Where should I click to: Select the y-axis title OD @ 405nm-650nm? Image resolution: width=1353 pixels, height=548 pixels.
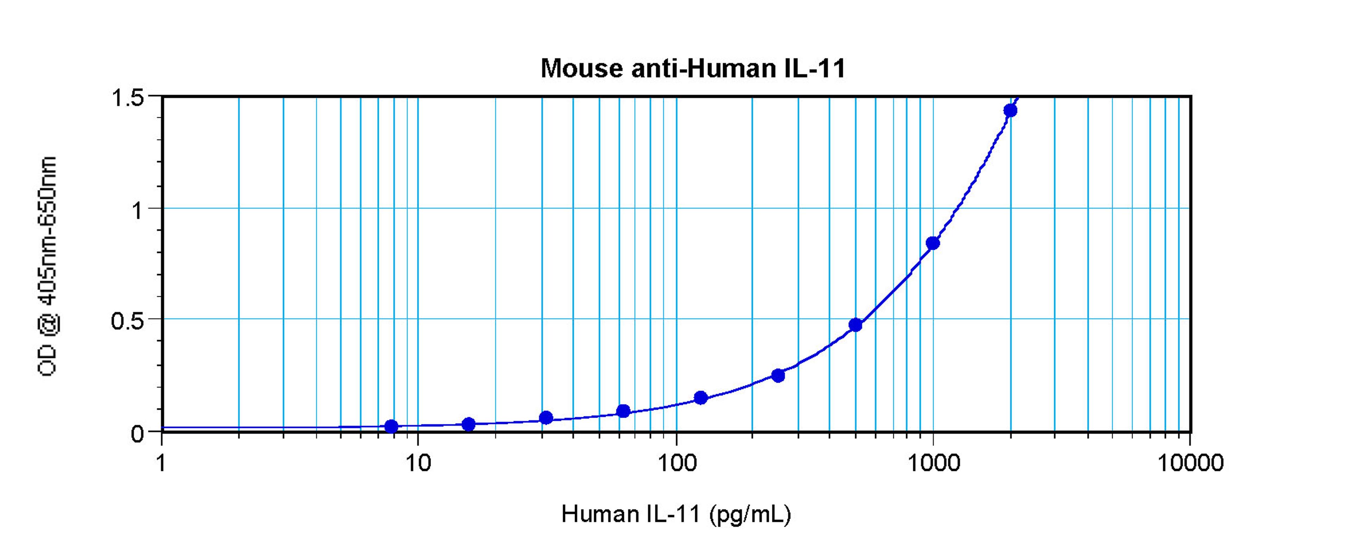(x=47, y=266)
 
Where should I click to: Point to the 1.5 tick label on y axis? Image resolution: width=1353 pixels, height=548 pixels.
(x=128, y=98)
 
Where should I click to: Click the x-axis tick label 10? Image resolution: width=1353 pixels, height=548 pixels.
(x=418, y=463)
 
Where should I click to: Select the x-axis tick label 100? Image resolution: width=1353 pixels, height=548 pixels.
(x=676, y=463)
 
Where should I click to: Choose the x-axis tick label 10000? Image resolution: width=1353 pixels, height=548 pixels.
(x=1190, y=463)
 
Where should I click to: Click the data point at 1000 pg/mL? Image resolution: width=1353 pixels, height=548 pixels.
(x=933, y=243)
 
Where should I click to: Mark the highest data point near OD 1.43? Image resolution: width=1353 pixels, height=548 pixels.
(x=1010, y=110)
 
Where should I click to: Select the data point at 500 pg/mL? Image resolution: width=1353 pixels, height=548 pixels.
(x=855, y=325)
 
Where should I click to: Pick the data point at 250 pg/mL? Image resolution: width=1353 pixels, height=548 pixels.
(x=778, y=375)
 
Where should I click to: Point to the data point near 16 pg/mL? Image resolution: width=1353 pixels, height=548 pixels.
(x=469, y=424)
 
